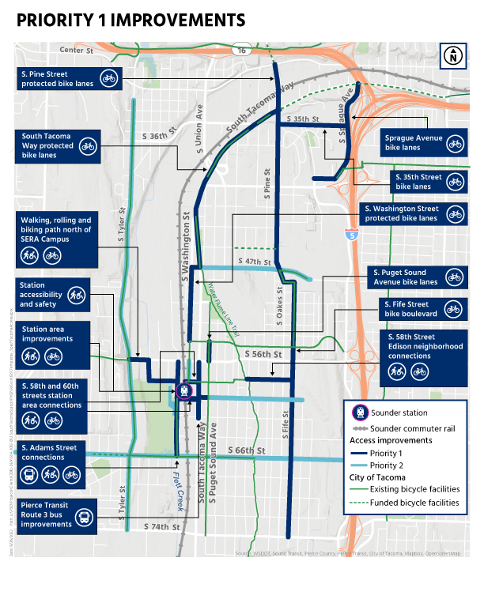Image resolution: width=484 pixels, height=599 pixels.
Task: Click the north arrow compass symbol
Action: pos(453,56)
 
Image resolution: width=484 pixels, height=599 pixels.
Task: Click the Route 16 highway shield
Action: pos(241,51)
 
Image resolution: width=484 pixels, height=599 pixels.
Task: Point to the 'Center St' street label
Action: pos(76,51)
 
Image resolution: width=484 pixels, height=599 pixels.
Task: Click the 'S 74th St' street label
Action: pos(163,526)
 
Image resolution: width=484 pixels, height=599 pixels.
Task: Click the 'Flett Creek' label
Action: pos(180,481)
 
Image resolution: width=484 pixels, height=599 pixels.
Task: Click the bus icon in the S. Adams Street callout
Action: pos(30,475)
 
